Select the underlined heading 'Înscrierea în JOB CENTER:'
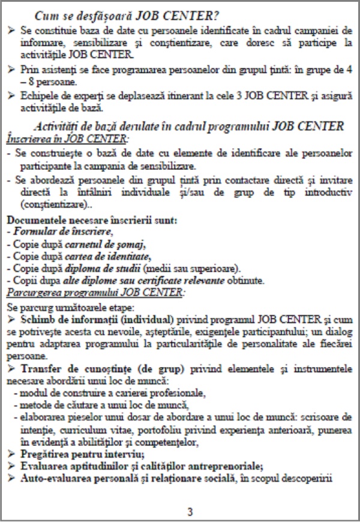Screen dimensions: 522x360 coord(67,139)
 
